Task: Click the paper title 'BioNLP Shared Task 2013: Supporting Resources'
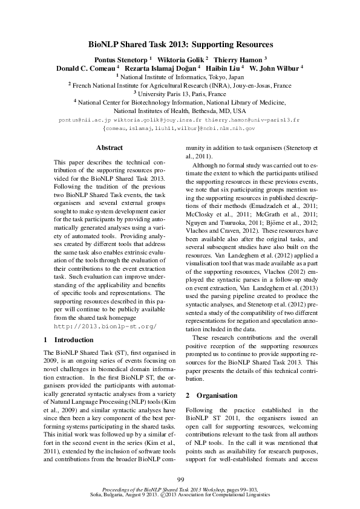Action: (180, 45)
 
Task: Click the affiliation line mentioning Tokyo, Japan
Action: (180, 77)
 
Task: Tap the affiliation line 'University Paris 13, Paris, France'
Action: (180, 94)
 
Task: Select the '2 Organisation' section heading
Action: (209, 395)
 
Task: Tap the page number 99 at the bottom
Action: (180, 479)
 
